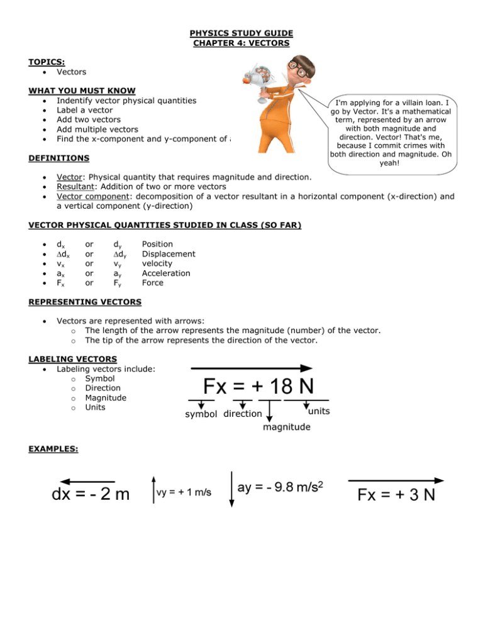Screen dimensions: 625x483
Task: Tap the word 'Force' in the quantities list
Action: pyautogui.click(x=153, y=282)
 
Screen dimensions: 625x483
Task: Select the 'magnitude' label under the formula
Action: pyautogui.click(x=287, y=427)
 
